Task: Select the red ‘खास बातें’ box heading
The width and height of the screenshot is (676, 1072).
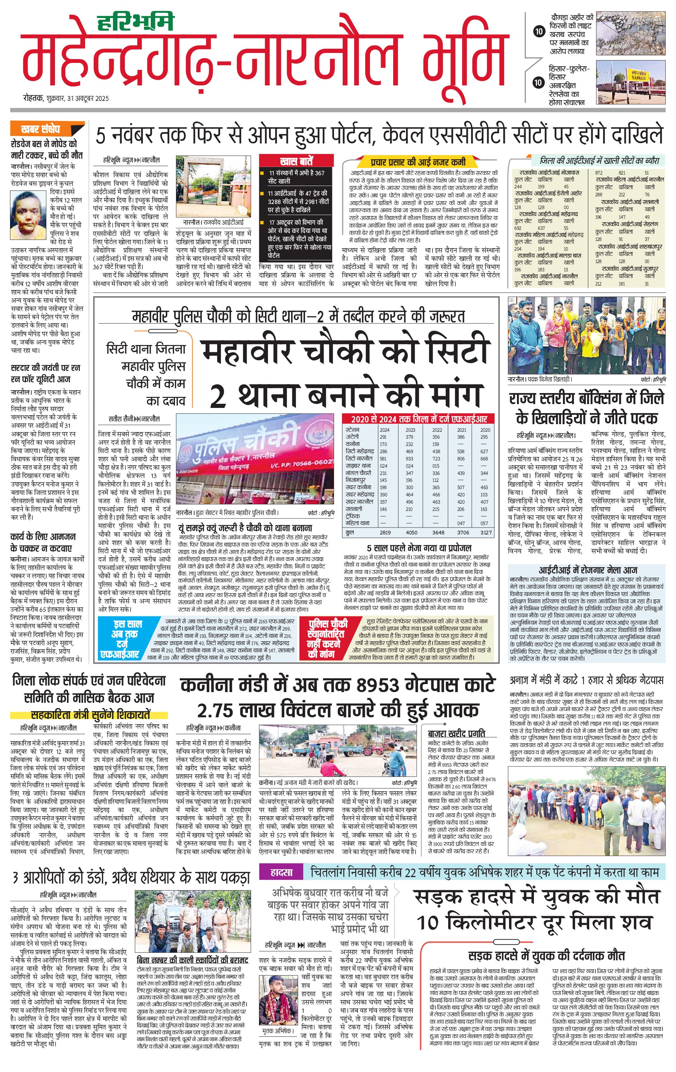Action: click(296, 161)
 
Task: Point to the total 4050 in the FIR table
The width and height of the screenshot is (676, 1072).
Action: click(411, 532)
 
